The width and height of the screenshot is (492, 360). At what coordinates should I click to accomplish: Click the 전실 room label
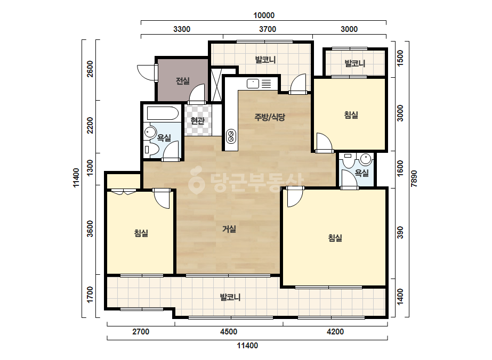point(183,81)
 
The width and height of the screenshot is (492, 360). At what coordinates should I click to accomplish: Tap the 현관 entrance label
point(198,120)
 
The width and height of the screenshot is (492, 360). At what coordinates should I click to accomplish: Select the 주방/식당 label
point(270,117)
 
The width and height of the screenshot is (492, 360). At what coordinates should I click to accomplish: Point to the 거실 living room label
point(229,229)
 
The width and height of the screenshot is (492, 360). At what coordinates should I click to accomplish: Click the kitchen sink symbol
point(253,84)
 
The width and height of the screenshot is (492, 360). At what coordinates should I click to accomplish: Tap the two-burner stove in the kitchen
point(231,136)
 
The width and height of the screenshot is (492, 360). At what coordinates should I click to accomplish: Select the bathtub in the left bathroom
point(163,113)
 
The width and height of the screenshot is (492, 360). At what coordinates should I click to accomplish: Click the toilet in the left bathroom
point(151,150)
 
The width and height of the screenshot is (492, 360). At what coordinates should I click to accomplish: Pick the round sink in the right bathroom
point(366,159)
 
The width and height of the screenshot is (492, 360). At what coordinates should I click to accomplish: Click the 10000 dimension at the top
point(264,15)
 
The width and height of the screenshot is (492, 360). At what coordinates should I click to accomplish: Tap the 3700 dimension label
point(268,29)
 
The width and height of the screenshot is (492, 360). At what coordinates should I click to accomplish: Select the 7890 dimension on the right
point(414,178)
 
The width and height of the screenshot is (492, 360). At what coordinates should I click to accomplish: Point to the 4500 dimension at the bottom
point(229,331)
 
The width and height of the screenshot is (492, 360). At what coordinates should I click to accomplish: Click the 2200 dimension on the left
point(90,125)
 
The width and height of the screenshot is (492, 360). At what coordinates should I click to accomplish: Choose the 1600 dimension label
point(400,168)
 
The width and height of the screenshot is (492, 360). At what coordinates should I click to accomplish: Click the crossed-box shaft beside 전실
point(216,85)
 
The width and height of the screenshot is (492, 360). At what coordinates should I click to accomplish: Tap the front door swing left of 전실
point(146,72)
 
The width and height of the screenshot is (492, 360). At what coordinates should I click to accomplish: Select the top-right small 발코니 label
point(355,63)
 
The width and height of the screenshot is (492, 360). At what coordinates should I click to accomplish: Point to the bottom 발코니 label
point(230,297)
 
